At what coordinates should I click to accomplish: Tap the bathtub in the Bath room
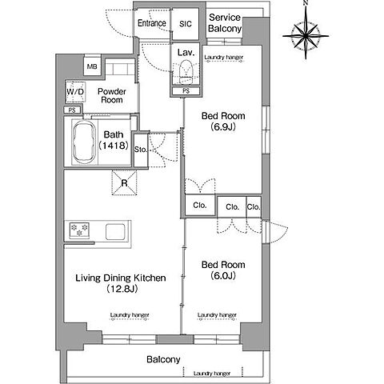point(84,143)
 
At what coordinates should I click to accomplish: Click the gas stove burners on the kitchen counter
point(79,230)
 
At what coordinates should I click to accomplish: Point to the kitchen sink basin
point(115,232)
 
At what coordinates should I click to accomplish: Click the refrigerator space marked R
point(124,183)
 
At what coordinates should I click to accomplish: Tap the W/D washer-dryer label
point(75,92)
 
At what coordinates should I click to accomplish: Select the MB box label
point(92,66)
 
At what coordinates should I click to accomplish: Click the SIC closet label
point(186,24)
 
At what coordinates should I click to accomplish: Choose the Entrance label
point(152,23)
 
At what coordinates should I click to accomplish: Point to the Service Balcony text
point(225,23)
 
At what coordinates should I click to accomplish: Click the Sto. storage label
point(141,150)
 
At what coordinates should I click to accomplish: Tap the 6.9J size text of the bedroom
point(223,126)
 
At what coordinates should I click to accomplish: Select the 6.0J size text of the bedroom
point(223,275)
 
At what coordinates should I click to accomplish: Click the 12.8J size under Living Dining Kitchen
point(122,289)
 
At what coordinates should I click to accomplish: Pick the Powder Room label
point(112,95)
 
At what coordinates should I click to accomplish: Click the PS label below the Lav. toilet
point(186,91)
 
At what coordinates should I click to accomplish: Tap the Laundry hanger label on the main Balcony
point(212,374)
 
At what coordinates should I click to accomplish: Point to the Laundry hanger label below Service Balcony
point(224,58)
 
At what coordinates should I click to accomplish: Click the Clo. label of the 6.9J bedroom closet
point(200,205)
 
